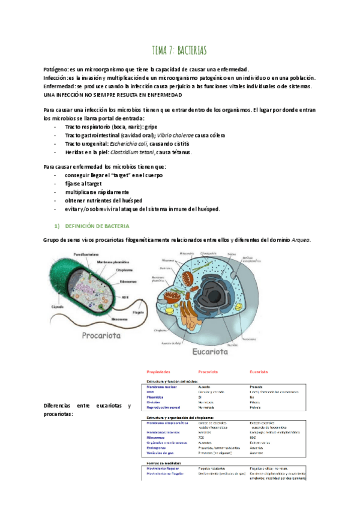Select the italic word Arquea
[300, 240]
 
